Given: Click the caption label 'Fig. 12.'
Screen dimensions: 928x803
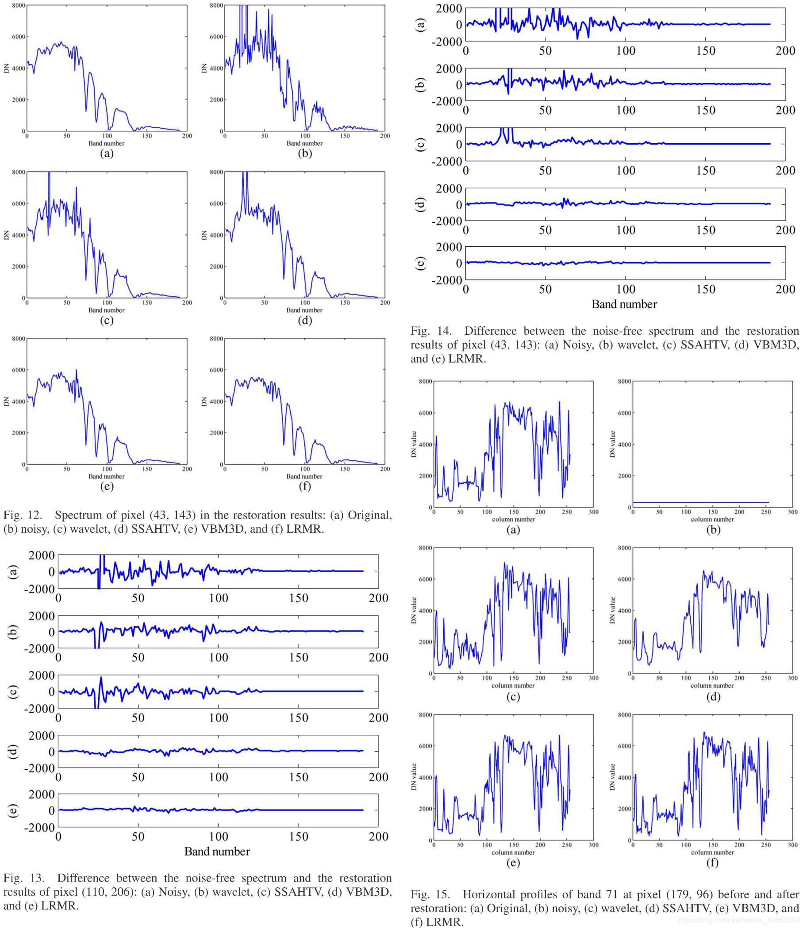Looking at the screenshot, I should [x=23, y=515].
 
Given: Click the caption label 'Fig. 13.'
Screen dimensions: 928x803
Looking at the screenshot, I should [x=23, y=878].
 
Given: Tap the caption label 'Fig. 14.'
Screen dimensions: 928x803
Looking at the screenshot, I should [x=430, y=331].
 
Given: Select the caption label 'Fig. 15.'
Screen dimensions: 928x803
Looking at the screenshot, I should [x=430, y=894].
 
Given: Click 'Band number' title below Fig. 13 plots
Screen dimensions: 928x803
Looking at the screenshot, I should [x=217, y=852].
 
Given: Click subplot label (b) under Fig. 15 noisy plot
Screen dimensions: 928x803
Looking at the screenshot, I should [x=713, y=530].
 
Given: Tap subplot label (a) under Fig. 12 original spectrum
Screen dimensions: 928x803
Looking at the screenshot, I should [x=107, y=153].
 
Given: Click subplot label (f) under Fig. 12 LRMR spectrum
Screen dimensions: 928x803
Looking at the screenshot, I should [x=305, y=486].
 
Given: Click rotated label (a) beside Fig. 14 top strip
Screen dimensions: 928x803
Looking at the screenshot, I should [x=420, y=25].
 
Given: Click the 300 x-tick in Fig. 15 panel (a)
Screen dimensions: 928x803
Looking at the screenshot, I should [x=593, y=512].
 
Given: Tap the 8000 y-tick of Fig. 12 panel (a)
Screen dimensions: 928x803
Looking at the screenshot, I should [x=19, y=5].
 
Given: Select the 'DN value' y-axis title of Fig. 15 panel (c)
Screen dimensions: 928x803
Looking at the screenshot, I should [x=414, y=611].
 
